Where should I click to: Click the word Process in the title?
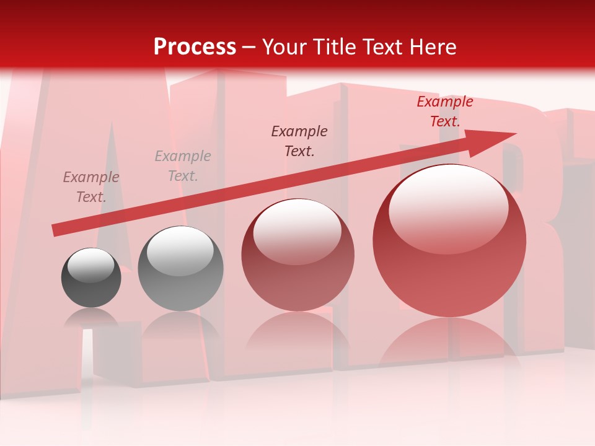coord(195,47)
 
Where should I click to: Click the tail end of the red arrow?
coord(56,230)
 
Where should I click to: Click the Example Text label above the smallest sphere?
coord(91,187)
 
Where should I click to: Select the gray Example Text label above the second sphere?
coord(183,166)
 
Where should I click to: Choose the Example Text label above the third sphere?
coord(299,141)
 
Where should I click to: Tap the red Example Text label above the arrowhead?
coord(444,111)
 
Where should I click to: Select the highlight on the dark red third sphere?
coord(297,230)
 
